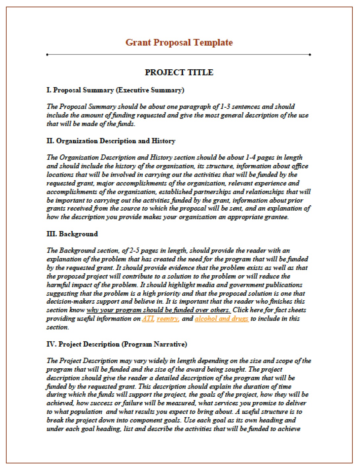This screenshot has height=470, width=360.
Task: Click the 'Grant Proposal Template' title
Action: (179, 43)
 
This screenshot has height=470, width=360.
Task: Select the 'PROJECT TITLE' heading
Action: (179, 72)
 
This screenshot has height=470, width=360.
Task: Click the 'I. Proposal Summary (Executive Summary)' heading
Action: (115, 90)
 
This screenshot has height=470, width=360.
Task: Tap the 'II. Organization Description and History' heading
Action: (111, 141)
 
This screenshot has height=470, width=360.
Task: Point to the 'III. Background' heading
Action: (72, 234)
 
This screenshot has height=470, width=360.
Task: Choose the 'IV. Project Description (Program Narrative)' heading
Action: (117, 344)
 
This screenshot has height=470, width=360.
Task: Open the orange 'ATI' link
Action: (148, 319)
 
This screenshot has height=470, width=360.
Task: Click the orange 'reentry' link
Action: (168, 319)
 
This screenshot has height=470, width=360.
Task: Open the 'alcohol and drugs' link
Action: (221, 319)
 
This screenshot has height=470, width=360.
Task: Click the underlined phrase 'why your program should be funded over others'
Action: (158, 310)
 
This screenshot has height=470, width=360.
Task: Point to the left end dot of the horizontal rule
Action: (48, 54)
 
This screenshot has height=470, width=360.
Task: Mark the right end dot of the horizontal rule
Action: (310, 54)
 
